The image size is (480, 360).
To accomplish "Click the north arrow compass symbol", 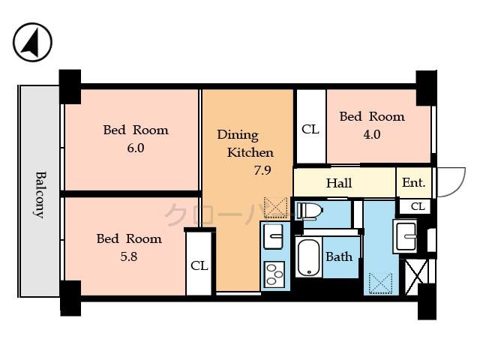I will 32,43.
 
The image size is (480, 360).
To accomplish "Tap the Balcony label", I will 39,194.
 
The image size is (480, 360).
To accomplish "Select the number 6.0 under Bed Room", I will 135,148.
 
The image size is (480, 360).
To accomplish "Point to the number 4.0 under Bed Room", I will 372,135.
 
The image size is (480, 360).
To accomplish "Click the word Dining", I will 238,135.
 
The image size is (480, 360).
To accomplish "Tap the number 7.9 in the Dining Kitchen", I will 262,170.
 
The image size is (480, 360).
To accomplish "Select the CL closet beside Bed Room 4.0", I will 310,129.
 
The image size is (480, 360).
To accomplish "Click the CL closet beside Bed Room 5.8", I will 199,265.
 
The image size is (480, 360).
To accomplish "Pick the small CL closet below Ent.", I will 418,206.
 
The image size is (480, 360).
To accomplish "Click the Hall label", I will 338,183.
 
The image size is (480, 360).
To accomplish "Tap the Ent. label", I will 413,182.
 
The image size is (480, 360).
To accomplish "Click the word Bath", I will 339,256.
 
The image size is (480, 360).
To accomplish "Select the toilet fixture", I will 310,211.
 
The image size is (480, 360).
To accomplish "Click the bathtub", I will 308,257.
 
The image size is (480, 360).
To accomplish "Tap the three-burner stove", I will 275,274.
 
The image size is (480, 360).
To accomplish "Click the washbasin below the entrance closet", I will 406,237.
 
